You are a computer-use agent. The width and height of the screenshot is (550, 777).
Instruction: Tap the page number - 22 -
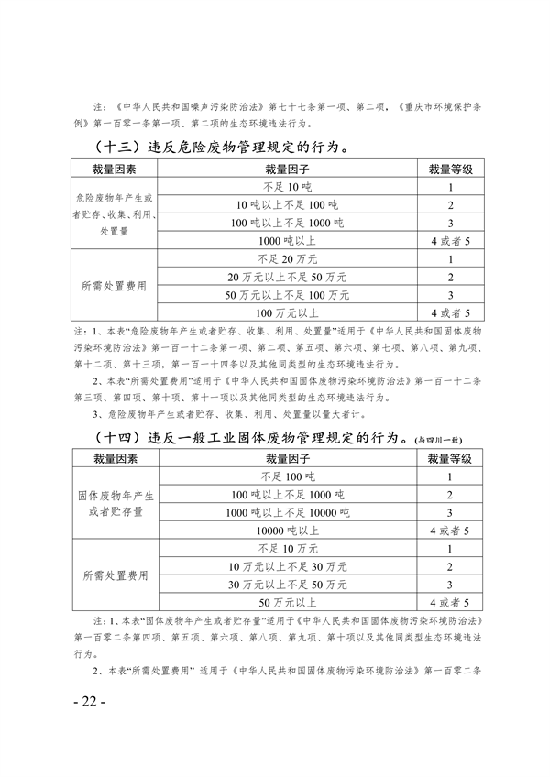90,702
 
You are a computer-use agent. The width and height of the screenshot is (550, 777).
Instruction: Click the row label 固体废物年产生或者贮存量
115,503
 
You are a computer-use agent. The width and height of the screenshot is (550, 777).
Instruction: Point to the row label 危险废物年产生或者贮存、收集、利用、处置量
115,213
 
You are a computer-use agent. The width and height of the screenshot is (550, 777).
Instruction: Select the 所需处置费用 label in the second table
115,575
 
